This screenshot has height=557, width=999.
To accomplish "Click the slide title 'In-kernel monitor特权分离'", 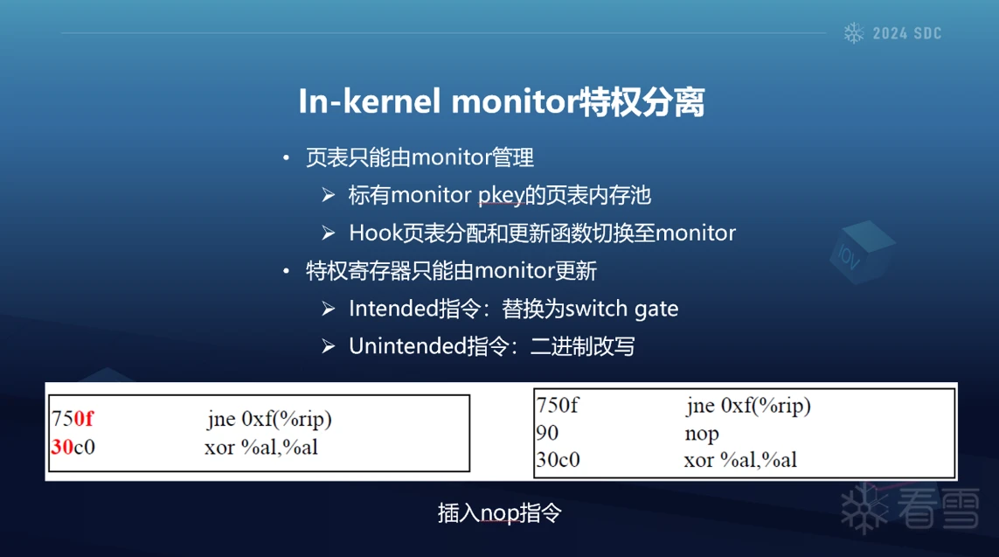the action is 502,101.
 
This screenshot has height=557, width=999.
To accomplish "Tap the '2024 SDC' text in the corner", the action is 906,34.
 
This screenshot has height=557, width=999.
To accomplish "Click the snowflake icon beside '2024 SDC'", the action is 854,33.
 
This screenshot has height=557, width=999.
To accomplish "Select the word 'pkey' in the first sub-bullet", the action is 501,196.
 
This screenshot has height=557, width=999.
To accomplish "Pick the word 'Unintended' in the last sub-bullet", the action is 408,346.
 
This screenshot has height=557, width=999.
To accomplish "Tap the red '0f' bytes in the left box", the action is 83,419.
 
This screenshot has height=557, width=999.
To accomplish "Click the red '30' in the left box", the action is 62,447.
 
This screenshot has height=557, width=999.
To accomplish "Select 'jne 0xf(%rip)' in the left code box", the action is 269,420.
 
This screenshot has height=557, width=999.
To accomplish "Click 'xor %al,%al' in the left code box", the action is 261,447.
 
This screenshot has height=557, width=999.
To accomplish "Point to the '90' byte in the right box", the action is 547,433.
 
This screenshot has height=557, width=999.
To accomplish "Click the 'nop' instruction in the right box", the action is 702,434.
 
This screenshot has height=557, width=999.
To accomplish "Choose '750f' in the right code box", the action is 558,406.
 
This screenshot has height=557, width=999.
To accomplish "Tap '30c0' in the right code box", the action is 558,459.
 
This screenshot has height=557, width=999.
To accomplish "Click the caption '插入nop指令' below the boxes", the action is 500,513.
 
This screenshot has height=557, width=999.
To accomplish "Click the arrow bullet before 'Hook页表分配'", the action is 328,233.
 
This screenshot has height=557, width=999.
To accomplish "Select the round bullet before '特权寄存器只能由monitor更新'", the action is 287,271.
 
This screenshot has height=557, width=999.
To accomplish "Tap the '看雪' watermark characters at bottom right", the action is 938,508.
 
